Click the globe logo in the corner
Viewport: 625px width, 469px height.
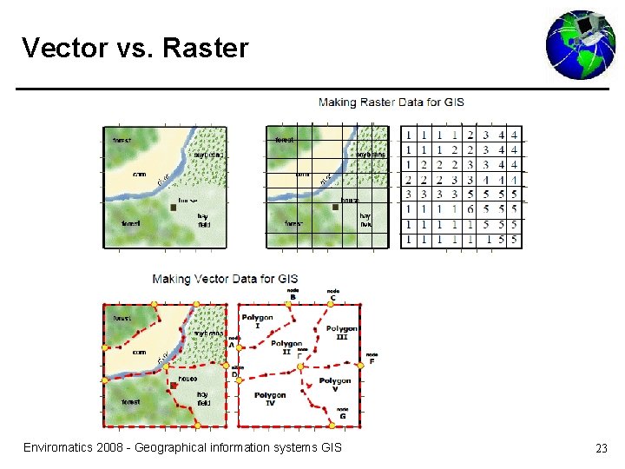pos(581,44)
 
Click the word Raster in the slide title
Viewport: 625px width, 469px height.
pos(205,48)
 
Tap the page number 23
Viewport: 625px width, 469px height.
pos(601,448)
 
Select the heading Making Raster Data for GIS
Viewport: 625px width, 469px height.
pos(391,102)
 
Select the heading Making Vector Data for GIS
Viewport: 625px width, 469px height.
pos(226,279)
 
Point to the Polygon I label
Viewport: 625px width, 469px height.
pos(257,321)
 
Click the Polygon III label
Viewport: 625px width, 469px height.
pos(342,333)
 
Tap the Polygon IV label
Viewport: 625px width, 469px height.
pos(270,400)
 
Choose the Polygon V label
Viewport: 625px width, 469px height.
pos(335,385)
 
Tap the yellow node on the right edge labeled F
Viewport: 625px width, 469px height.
pos(360,363)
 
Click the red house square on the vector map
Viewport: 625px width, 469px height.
pos(174,385)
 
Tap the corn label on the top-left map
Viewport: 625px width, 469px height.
pos(138,175)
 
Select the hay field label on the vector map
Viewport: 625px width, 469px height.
pos(203,399)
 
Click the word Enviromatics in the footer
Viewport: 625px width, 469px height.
pos(60,447)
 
